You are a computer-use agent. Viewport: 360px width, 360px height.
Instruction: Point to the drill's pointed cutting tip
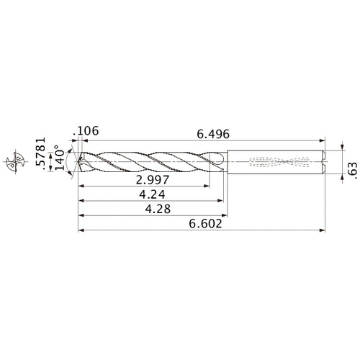click(x=81, y=159)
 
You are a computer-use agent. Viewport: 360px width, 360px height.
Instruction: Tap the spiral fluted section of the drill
click(x=151, y=160)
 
